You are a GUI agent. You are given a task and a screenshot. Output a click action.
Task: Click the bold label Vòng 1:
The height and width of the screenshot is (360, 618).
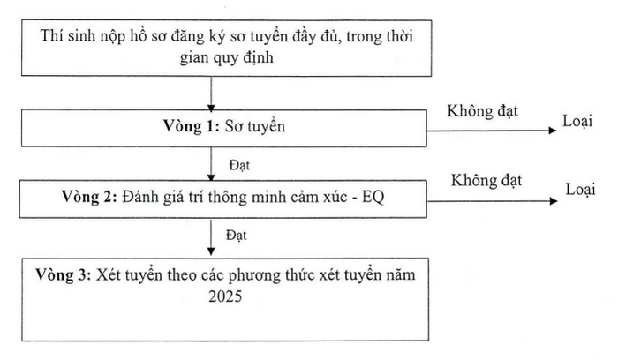pos(192,126)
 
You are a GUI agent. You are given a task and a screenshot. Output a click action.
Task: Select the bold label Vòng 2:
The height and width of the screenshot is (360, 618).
pos(89,196)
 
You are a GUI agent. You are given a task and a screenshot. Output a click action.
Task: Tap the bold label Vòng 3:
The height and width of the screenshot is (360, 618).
pos(64,274)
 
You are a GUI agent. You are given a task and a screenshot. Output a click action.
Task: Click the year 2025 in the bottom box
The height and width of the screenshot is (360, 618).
pos(225,296)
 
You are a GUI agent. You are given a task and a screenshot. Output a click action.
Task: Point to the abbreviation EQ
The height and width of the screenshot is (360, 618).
pos(373,197)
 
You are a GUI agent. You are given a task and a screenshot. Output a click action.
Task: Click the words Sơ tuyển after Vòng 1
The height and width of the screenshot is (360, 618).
pos(255,126)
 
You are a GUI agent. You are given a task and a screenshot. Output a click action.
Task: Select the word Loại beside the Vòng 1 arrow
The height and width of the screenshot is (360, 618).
pos(577,121)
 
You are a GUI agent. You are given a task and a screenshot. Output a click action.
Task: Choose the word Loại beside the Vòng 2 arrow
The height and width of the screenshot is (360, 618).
pos(581,190)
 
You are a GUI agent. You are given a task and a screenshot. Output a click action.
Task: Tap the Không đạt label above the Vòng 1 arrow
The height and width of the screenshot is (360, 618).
pos(482,111)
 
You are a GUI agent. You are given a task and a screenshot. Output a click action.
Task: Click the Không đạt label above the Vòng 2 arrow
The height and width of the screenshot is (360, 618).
pos(486,180)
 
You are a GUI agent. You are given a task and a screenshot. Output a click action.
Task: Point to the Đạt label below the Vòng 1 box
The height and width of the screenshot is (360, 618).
pos(239,165)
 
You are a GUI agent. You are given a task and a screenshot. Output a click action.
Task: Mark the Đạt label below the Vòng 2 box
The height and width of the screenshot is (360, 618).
pos(236,236)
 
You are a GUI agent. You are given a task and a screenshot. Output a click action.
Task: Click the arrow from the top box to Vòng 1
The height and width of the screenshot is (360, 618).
pos(211,94)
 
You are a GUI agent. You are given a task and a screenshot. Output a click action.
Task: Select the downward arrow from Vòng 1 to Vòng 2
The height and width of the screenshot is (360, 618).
pos(211,164)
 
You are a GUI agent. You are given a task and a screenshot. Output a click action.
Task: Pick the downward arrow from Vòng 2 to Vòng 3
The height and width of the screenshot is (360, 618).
pos(211,237)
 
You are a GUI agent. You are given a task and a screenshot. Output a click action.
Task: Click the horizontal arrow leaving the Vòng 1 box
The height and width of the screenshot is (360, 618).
pos(492,131)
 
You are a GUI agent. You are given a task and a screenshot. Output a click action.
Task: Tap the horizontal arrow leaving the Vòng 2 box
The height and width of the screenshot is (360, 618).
pos(493,201)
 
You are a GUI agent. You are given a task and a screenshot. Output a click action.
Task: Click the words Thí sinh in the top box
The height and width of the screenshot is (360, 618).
pos(67,36)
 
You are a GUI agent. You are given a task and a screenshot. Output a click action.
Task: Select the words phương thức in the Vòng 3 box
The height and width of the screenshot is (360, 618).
pos(272,275)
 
